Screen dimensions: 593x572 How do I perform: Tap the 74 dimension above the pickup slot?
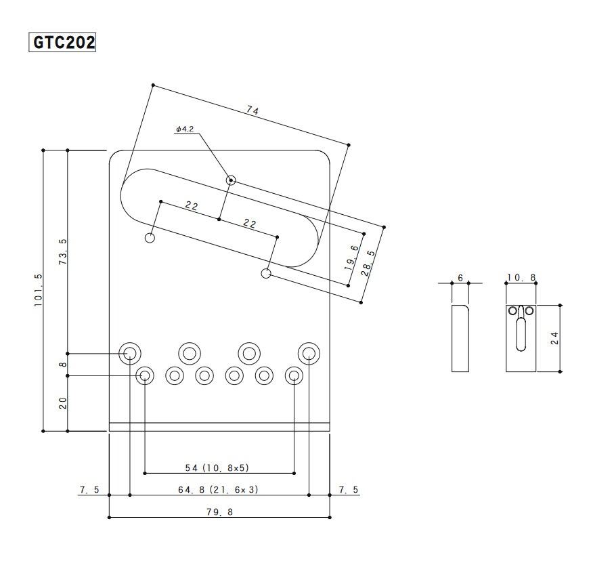click(252, 110)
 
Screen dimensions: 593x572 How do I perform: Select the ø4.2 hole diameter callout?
click(185, 129)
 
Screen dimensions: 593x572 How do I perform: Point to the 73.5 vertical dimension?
click(63, 251)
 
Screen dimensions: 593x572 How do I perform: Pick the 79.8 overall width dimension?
click(219, 512)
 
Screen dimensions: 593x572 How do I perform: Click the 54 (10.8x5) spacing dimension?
click(217, 468)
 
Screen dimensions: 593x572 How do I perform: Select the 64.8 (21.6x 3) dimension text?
click(218, 489)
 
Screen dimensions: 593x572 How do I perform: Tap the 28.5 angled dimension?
click(368, 263)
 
